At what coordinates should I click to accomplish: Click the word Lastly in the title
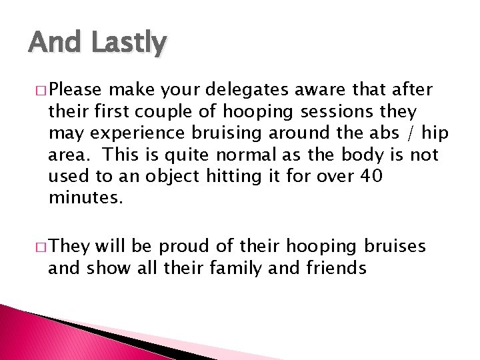point(128,44)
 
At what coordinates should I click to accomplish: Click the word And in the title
point(53,43)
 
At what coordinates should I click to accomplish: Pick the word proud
point(179,247)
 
